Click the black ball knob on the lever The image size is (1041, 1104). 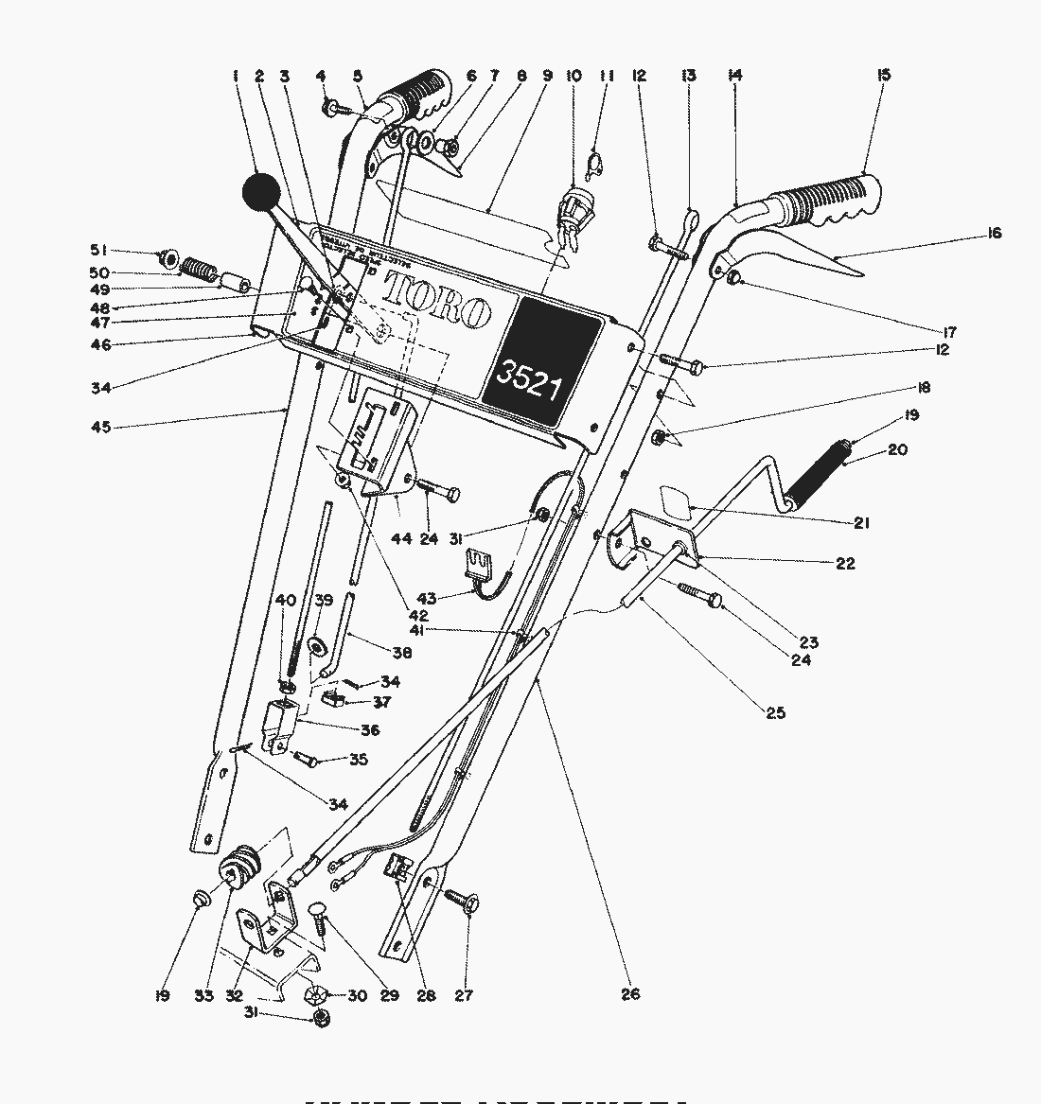262,193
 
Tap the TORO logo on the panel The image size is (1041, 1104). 437,302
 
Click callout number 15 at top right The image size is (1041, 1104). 884,75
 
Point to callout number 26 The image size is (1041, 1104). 630,993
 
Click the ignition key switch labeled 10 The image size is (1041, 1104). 575,209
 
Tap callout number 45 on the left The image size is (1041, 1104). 100,427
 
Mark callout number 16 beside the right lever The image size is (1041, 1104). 994,234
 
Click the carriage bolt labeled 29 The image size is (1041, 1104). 319,917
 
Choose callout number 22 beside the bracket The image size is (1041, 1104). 845,563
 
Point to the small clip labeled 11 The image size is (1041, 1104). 593,166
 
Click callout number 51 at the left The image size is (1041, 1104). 98,250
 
